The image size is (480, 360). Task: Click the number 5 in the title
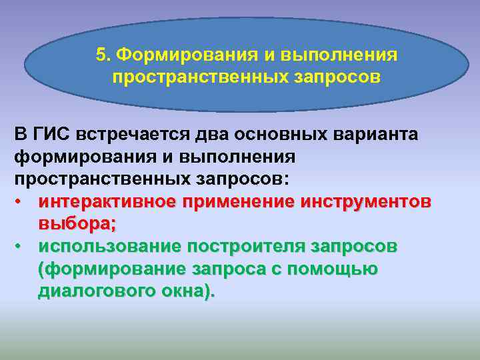click(101, 55)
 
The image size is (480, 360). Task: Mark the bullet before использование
click(20, 246)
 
